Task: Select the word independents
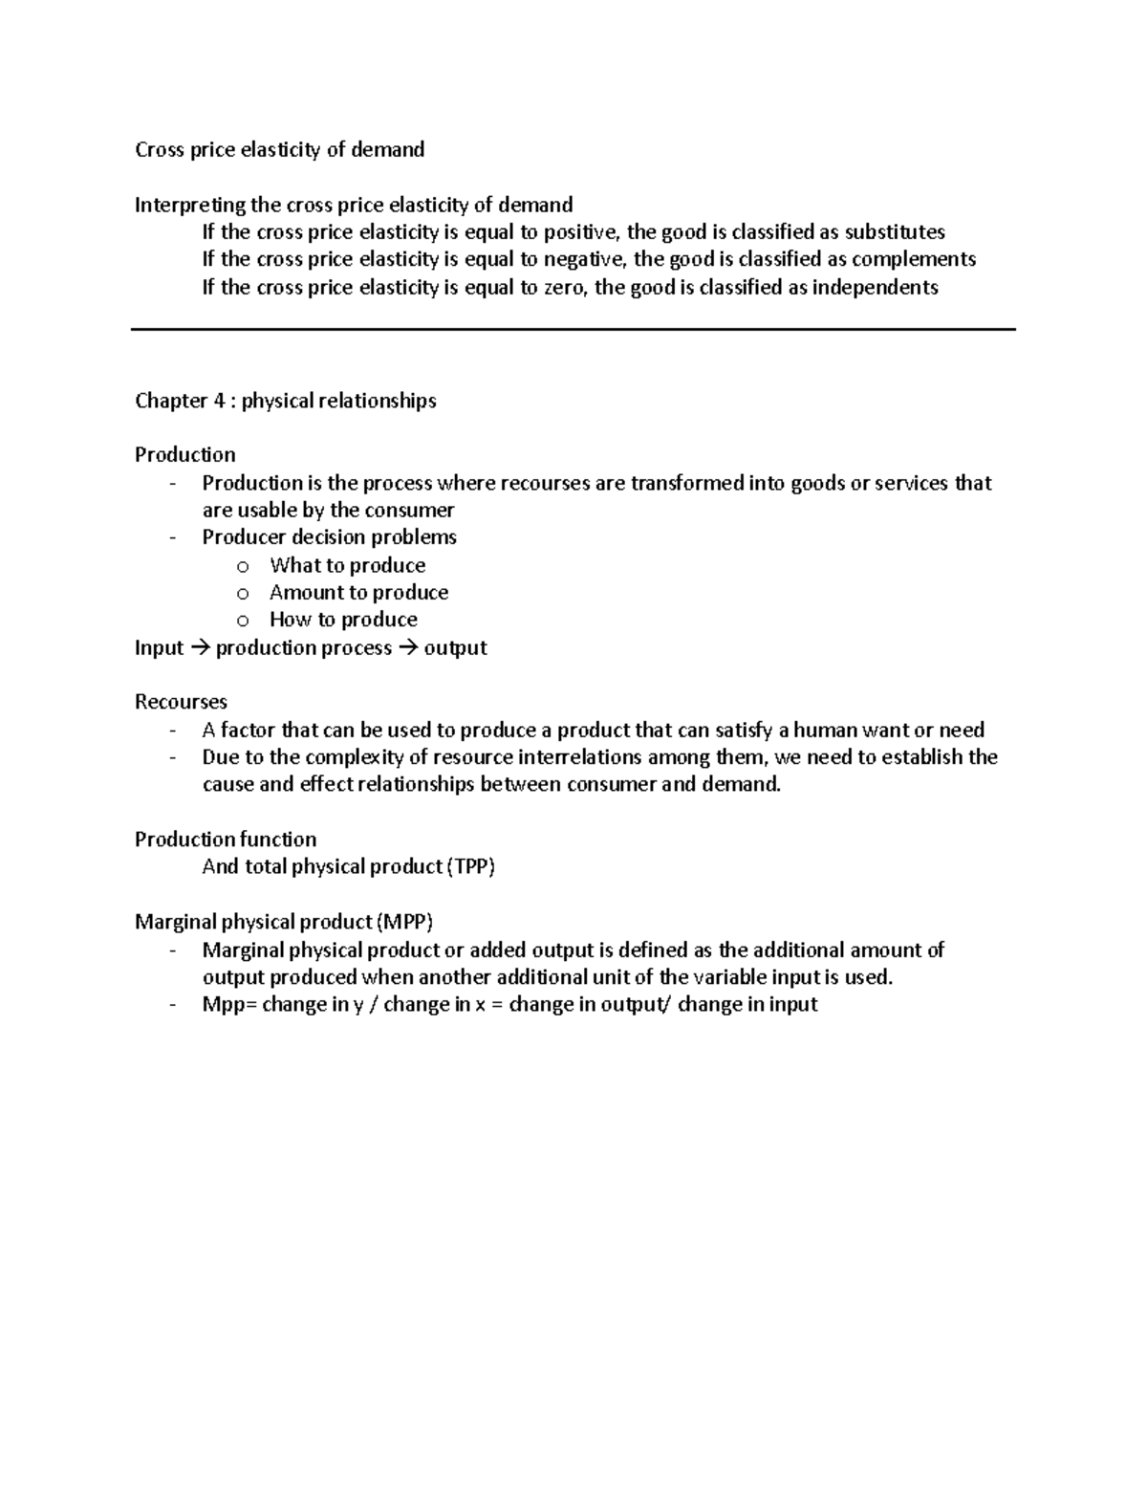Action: coord(875,288)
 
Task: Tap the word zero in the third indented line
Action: coord(566,288)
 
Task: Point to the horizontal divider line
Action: coord(573,329)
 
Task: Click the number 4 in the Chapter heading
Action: coord(219,401)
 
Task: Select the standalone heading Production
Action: coord(184,455)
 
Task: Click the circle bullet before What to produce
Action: coord(243,566)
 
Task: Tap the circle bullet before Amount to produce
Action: coord(243,594)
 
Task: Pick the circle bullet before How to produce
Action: coord(243,621)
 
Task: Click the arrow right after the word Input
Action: coord(199,648)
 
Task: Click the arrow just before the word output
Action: coord(407,648)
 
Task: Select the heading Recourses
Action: coord(181,703)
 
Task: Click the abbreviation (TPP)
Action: coord(472,867)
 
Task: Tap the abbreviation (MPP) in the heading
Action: coord(404,923)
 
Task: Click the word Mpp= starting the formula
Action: coord(229,1005)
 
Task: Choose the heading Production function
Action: coord(226,840)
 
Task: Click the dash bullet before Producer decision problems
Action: coord(173,537)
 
